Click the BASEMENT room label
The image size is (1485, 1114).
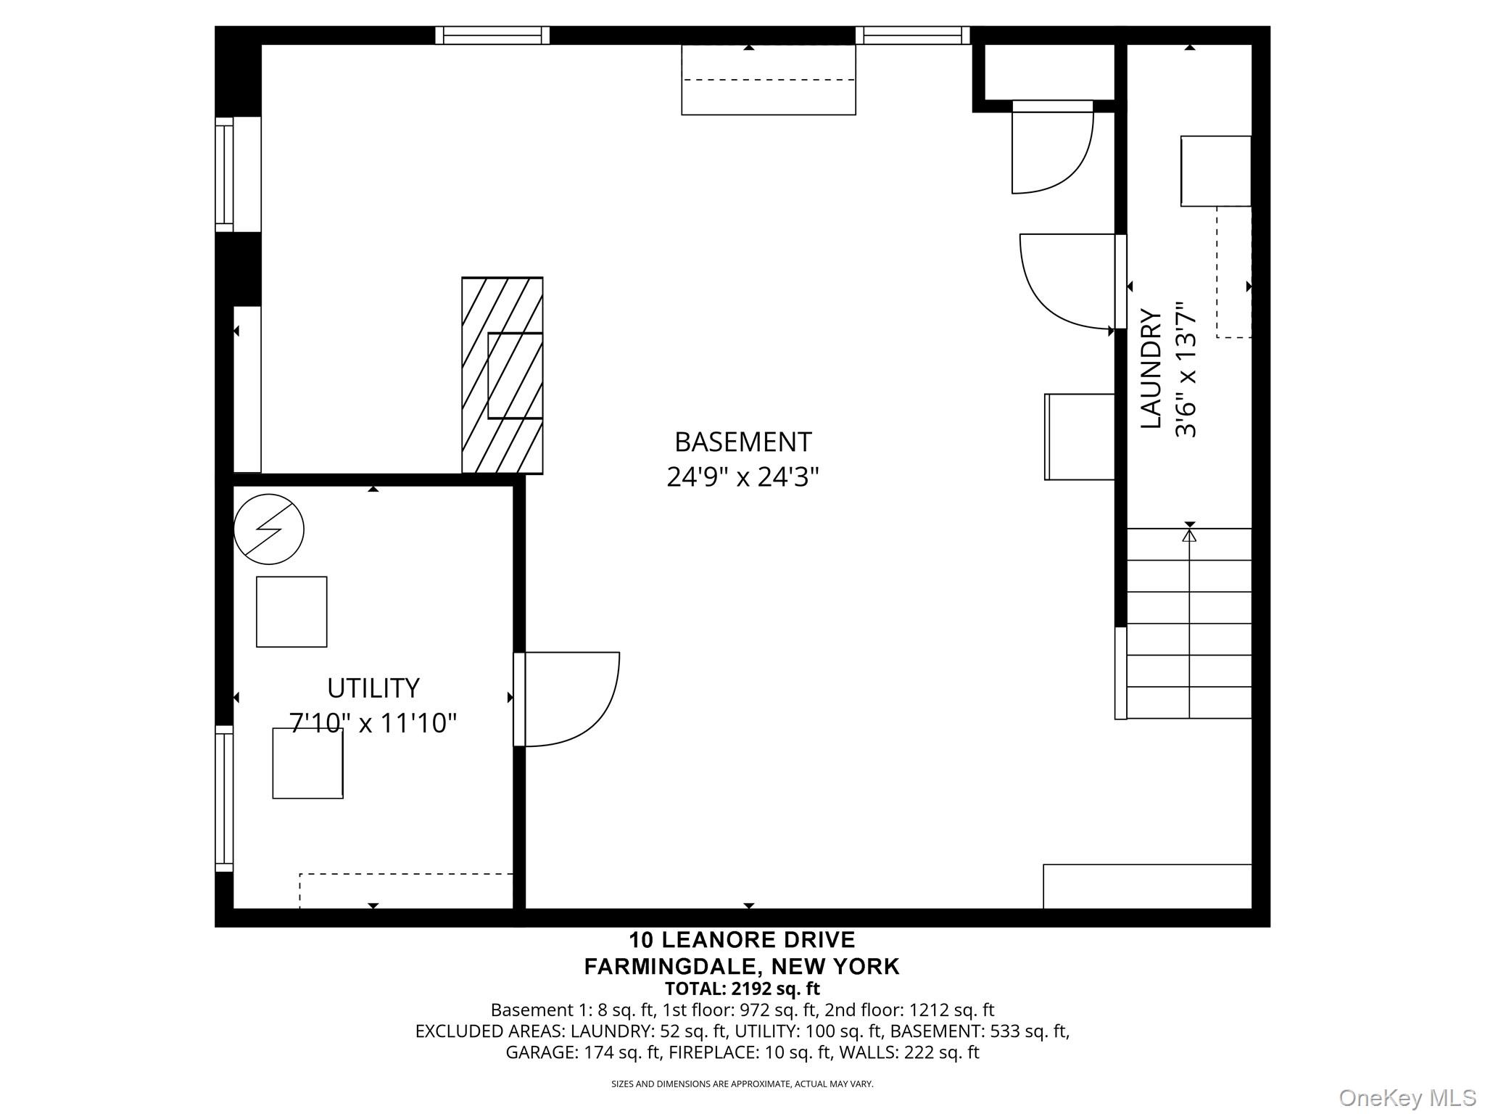(x=742, y=442)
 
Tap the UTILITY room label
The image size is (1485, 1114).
(x=373, y=688)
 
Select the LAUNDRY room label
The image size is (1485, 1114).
(x=1151, y=368)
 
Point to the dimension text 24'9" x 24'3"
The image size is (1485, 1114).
(x=742, y=477)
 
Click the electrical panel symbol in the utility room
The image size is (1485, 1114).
(x=269, y=529)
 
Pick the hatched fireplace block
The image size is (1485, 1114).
(x=502, y=376)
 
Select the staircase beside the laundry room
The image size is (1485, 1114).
(x=1189, y=624)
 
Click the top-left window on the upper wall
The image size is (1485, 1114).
(x=492, y=36)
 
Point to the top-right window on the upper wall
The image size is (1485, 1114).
(x=912, y=36)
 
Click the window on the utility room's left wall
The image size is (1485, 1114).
(x=224, y=799)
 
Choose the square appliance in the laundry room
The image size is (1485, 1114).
(x=1216, y=171)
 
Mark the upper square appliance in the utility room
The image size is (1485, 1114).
(x=291, y=612)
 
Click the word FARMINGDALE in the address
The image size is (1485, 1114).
(x=674, y=967)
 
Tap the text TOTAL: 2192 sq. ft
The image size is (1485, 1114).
(x=742, y=989)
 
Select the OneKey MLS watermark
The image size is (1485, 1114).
(x=1407, y=1097)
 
